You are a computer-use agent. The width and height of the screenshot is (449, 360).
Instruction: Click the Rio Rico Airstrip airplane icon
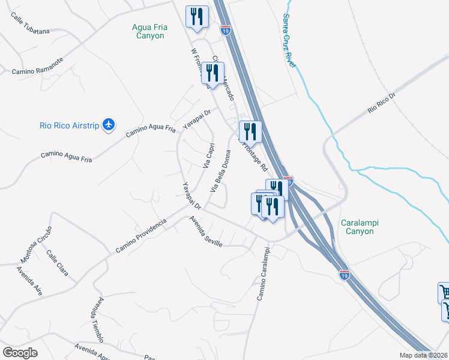pyautogui.click(x=108, y=124)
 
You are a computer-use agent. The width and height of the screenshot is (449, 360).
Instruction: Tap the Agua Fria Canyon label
pyautogui.click(x=149, y=31)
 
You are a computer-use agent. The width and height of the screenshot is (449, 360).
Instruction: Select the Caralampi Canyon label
pyautogui.click(x=364, y=227)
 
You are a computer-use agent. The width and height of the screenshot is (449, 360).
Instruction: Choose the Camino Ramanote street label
pyautogui.click(x=37, y=66)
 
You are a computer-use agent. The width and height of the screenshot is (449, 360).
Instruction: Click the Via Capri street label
pyautogui.click(x=208, y=154)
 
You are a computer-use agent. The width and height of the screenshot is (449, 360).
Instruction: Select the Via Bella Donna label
pyautogui.click(x=220, y=170)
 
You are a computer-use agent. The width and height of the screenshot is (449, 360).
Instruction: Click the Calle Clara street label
pyautogui.click(x=58, y=262)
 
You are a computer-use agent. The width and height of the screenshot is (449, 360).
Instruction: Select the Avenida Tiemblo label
pyautogui.click(x=97, y=318)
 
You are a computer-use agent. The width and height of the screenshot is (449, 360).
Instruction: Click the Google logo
pyautogui.click(x=20, y=352)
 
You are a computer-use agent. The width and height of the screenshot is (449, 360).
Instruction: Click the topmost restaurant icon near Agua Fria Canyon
pyautogui.click(x=197, y=17)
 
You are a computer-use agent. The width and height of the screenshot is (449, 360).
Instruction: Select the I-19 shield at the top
pyautogui.click(x=226, y=29)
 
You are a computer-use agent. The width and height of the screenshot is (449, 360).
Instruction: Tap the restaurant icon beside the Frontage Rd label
pyautogui.click(x=250, y=131)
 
